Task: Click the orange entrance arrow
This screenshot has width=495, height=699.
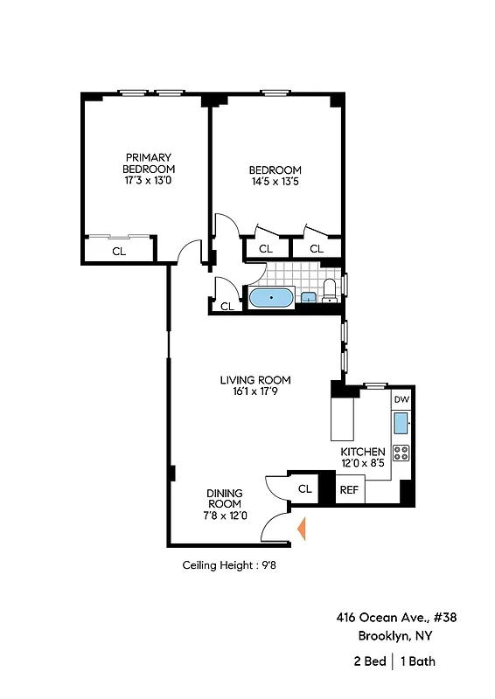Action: (302, 529)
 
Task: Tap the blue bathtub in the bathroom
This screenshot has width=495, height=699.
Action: (270, 299)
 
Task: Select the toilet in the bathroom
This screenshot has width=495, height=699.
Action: (330, 291)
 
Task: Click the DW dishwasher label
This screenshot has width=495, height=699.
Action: (401, 399)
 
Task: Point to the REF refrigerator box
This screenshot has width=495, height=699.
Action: (349, 490)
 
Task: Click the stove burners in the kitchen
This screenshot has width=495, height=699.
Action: (401, 453)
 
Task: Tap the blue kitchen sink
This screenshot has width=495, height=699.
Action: (401, 425)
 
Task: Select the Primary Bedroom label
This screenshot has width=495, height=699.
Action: (149, 163)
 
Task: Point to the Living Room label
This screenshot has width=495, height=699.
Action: (254, 380)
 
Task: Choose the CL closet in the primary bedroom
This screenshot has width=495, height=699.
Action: (118, 251)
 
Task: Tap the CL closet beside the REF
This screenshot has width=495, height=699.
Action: (305, 489)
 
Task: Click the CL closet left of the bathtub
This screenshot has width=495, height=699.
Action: (227, 306)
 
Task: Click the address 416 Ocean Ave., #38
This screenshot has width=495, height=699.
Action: (396, 617)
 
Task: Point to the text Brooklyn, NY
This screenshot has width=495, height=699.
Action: (395, 636)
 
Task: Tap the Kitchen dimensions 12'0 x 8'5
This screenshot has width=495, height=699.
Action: (363, 463)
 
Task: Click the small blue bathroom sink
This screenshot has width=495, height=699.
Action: (309, 298)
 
